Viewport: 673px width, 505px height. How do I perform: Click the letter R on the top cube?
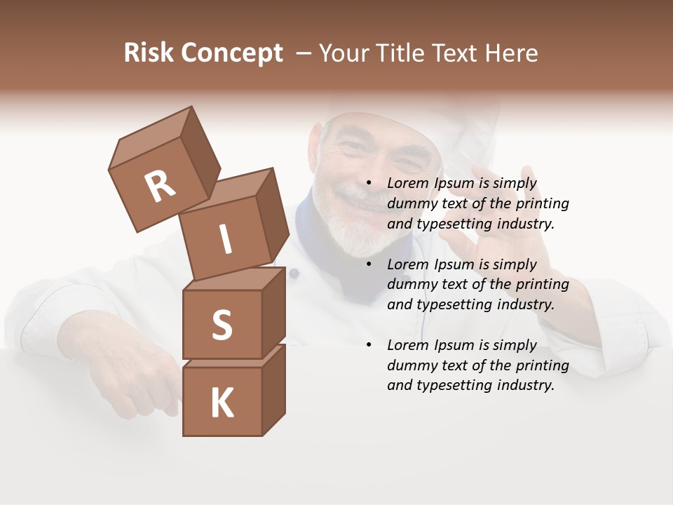pyautogui.click(x=160, y=187)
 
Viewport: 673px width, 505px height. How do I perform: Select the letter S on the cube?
pyautogui.click(x=222, y=325)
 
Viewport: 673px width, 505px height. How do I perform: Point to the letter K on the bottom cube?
pyautogui.click(x=222, y=403)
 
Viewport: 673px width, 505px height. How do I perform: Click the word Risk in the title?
pyautogui.click(x=149, y=53)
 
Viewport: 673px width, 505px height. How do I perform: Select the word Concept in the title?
pyautogui.click(x=231, y=53)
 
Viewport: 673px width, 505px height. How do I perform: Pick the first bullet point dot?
pyautogui.click(x=369, y=183)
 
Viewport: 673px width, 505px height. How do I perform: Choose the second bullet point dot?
pyautogui.click(x=369, y=264)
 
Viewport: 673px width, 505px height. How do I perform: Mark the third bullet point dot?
pyautogui.click(x=369, y=345)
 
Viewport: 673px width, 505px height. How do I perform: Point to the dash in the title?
pyautogui.click(x=305, y=53)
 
